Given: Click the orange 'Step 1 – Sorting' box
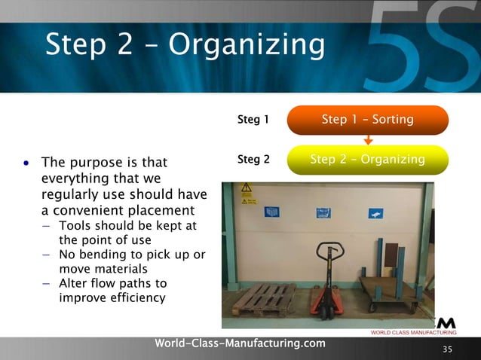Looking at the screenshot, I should pos(368,120).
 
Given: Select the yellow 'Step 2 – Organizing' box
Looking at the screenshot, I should pos(368,160).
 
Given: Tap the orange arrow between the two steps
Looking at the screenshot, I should pos(368,139).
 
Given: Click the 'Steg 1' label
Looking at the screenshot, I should pos(253,119).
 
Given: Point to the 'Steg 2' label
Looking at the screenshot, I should pos(253,159).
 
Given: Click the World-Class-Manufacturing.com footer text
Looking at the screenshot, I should pos(240,343).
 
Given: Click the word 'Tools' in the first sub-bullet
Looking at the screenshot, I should pos(75,227).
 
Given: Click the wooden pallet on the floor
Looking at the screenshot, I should pos(265,299).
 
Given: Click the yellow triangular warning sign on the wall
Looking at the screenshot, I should pos(247,188).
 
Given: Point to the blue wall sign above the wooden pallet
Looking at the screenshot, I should pos(271,212).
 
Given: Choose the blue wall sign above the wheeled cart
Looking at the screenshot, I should pos(375,214).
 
